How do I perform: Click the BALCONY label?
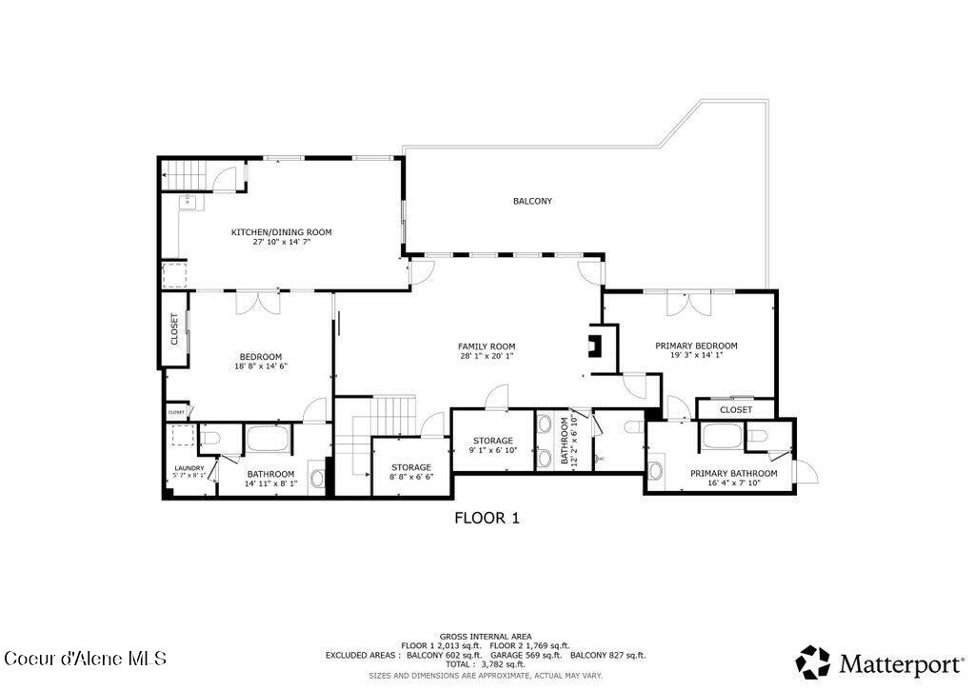pos(532,201)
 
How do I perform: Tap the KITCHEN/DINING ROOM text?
pos(281,231)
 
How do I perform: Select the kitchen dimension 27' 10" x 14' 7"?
pos(281,243)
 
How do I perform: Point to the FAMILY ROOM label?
pos(486,345)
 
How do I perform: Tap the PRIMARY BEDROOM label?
pos(696,345)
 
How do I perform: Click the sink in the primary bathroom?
pos(656,471)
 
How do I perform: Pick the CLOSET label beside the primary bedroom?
pos(735,409)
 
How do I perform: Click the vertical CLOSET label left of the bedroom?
pos(174,329)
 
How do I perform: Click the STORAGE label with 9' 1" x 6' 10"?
pos(493,441)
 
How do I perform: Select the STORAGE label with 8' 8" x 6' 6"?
pos(411,467)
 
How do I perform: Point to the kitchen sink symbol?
pos(189,201)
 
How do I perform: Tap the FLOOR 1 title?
pos(487,518)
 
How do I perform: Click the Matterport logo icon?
pos(813,661)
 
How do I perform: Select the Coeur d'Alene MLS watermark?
pos(86,658)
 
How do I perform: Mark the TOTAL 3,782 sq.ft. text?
pos(486,664)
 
